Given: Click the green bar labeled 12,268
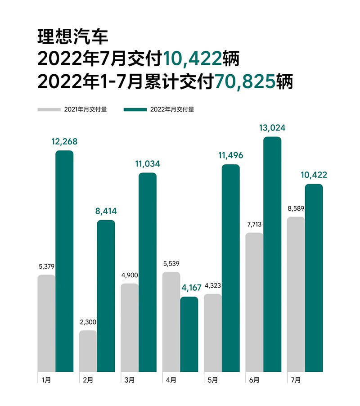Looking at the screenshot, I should pos(64,261).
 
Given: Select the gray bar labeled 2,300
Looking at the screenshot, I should pos(88,351).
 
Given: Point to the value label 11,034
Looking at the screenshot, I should pos(147,164).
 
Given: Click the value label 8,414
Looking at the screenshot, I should pos(106,211).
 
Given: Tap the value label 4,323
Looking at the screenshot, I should pos(212,285).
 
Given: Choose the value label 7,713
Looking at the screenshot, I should pos(254,224).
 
